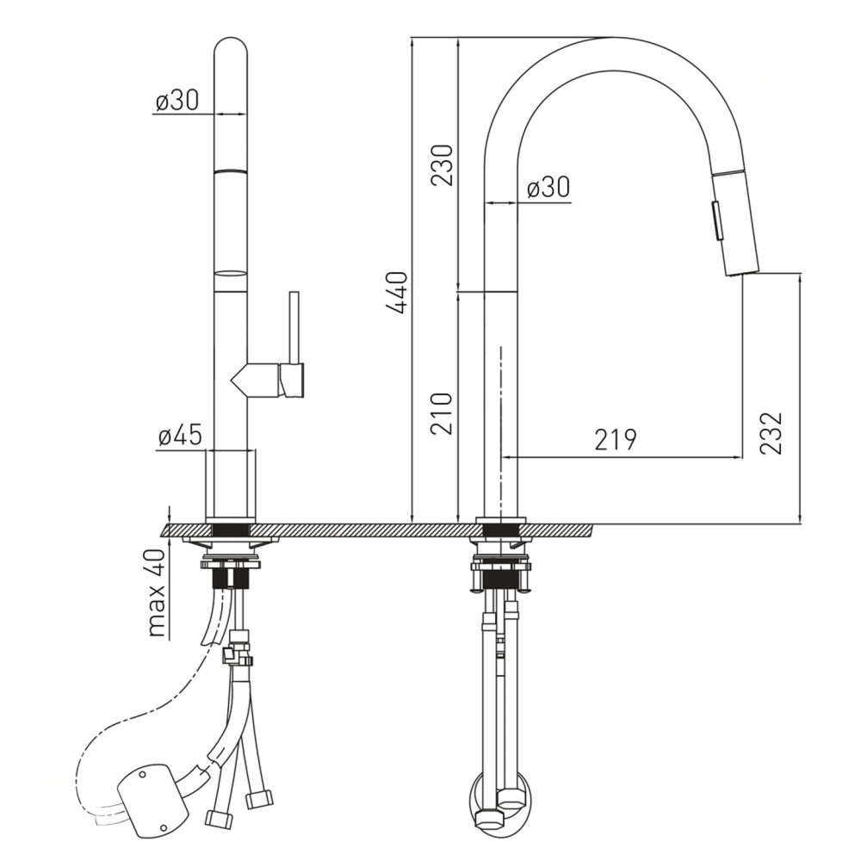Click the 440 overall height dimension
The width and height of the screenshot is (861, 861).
[396, 292]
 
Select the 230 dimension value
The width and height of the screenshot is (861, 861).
[442, 165]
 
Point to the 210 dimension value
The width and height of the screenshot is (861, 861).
[442, 413]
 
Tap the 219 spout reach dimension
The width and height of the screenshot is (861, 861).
[615, 439]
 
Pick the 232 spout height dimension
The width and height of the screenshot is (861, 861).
[771, 433]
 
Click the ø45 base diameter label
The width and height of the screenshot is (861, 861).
[180, 436]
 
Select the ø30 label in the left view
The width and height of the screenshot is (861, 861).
[177, 101]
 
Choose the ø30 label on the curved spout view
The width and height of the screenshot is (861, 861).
[548, 187]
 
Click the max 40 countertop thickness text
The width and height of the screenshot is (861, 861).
[158, 593]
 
